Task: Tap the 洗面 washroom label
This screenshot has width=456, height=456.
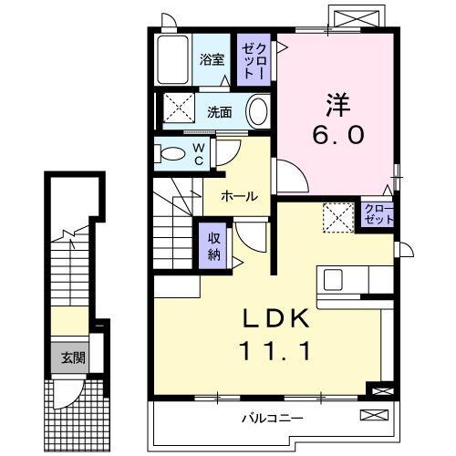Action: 219,112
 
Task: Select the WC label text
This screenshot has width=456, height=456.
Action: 198,153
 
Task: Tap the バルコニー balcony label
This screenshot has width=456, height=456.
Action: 272,418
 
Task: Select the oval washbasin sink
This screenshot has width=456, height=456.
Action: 258,112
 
